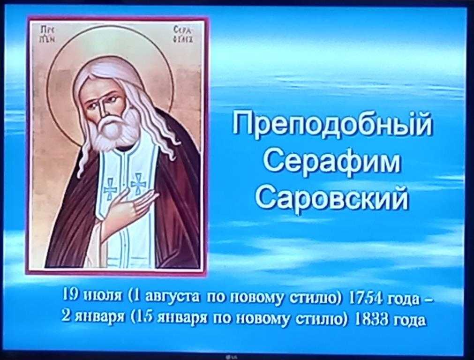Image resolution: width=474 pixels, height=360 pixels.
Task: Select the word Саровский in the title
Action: (x=331, y=197)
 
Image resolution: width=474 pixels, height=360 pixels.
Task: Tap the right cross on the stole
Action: (x=138, y=183)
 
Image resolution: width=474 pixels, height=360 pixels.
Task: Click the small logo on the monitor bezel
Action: (x=233, y=357)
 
